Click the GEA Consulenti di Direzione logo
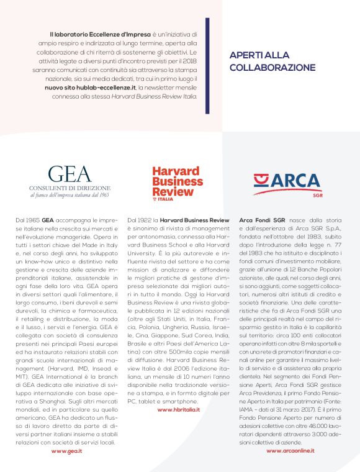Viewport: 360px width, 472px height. pyautogui.click(x=70, y=180)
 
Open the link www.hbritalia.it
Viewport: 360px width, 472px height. pyautogui.click(x=179, y=410)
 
